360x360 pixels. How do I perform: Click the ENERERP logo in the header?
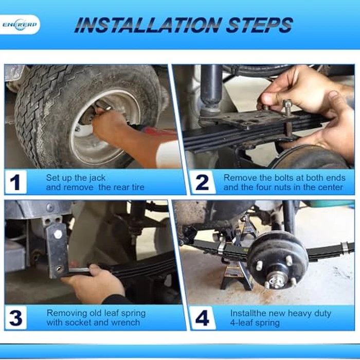[20, 25]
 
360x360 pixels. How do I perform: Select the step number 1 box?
[15, 182]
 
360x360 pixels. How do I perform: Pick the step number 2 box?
[203, 182]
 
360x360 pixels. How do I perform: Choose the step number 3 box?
[15, 318]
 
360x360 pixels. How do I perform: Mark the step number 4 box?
[203, 318]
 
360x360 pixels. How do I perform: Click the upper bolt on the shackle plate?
[58, 235]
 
